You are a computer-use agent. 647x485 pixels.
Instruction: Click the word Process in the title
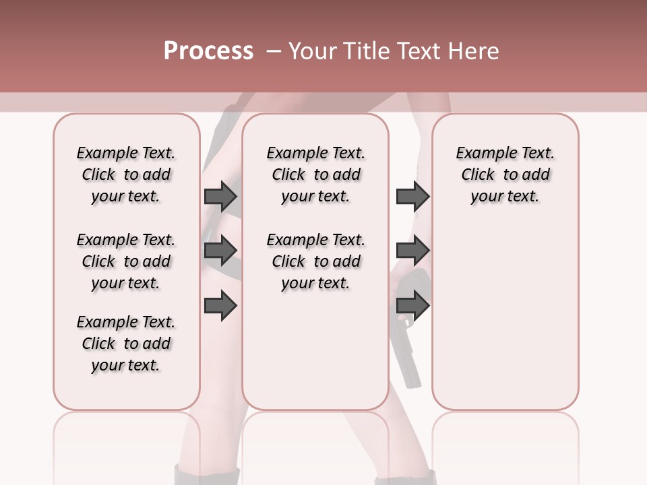point(208,51)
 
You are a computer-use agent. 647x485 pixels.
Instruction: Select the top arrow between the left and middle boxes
point(220,196)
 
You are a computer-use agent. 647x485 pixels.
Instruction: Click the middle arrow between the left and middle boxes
point(220,251)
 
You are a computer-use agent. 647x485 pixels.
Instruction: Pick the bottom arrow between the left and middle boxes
point(220,305)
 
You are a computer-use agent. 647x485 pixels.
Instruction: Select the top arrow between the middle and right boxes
point(412,196)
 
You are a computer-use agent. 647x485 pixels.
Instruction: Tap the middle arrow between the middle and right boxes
point(412,251)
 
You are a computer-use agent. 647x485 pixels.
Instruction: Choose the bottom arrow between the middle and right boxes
point(412,305)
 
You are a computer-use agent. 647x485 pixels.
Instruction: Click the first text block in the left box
point(126,174)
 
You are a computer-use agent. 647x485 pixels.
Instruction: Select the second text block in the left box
point(126,261)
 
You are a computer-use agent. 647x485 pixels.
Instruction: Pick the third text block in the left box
point(126,344)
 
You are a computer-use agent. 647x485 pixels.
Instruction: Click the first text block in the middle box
point(315,174)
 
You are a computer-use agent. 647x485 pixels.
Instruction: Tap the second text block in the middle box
point(315,261)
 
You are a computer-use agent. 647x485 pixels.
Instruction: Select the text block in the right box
point(505,174)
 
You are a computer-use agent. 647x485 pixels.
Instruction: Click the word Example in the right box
point(481,154)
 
